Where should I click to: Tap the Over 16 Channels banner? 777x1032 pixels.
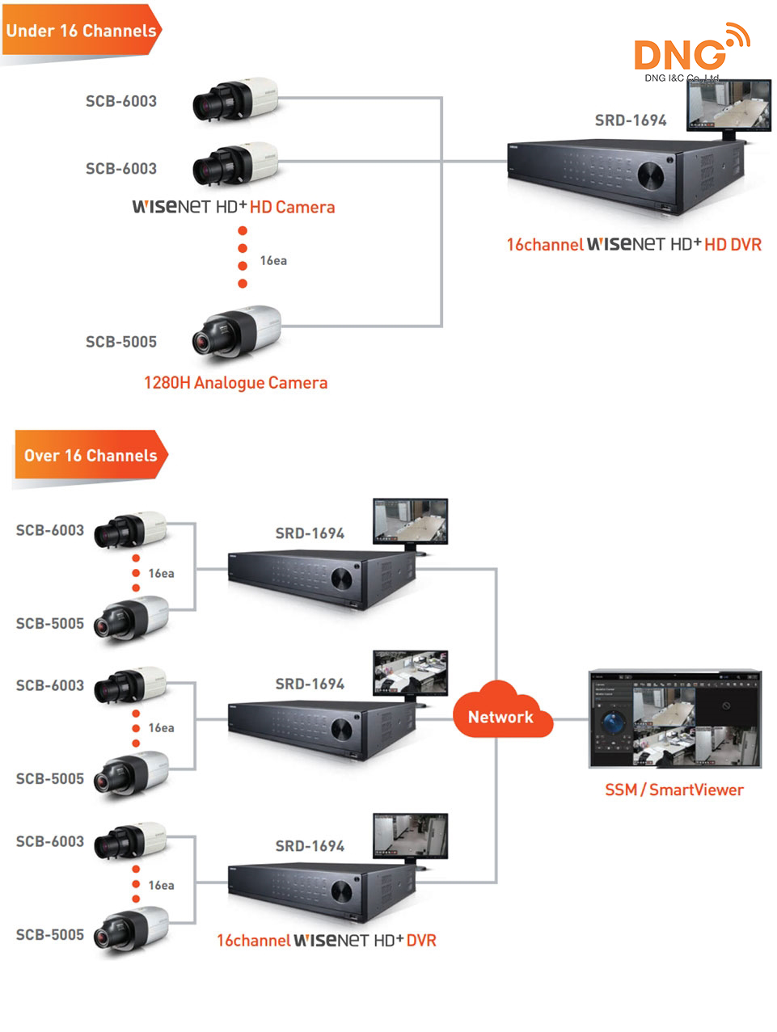90,455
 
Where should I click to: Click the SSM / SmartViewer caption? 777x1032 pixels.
674,790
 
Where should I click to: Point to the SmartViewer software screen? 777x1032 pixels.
674,719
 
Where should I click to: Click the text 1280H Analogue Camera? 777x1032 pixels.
235,382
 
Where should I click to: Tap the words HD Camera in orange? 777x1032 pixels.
292,207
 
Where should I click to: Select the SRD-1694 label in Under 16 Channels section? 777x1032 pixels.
631,120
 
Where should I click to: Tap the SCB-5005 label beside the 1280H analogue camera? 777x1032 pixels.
121,342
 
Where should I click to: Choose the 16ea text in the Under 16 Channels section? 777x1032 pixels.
273,260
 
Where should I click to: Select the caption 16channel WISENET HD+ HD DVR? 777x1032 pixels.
633,244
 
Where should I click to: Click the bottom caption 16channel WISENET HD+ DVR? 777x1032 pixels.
326,940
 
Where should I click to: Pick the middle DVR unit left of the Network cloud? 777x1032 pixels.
321,729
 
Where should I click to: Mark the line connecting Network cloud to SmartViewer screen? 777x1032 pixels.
571,719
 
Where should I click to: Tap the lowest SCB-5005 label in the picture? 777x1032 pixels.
50,934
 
